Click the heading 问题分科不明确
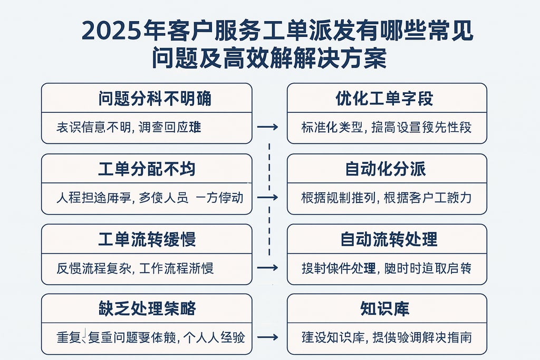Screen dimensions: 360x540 [147, 98]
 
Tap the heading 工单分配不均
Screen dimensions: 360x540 [147, 169]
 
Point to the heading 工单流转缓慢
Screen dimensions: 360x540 [147, 239]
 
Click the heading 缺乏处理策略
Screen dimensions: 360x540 [147, 309]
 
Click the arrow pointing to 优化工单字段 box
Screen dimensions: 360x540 [267, 127]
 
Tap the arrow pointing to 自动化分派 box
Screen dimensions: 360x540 [267, 198]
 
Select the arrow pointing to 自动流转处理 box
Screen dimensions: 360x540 [267, 268]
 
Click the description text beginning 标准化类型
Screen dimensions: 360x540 [387, 127]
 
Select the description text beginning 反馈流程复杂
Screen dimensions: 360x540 [135, 268]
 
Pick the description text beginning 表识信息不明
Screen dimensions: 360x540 [129, 127]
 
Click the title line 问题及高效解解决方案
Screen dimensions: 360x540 [269, 59]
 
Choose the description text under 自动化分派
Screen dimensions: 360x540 [387, 198]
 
